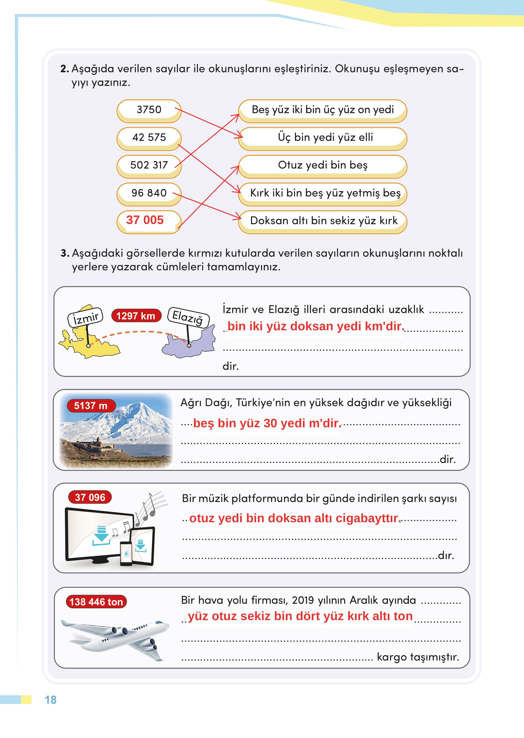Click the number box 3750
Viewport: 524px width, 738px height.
click(x=149, y=110)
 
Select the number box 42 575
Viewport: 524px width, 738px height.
click(x=149, y=138)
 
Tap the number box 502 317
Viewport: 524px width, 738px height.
click(x=149, y=165)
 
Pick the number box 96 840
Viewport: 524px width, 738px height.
click(x=149, y=193)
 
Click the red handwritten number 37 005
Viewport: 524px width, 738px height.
click(x=145, y=220)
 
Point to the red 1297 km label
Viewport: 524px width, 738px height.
click(x=136, y=316)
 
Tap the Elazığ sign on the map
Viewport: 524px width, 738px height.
click(x=188, y=317)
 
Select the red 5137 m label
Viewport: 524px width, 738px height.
click(x=91, y=406)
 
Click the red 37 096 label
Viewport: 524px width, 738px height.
click(x=90, y=497)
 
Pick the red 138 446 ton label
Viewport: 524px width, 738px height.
click(x=96, y=602)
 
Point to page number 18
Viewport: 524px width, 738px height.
click(x=51, y=700)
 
